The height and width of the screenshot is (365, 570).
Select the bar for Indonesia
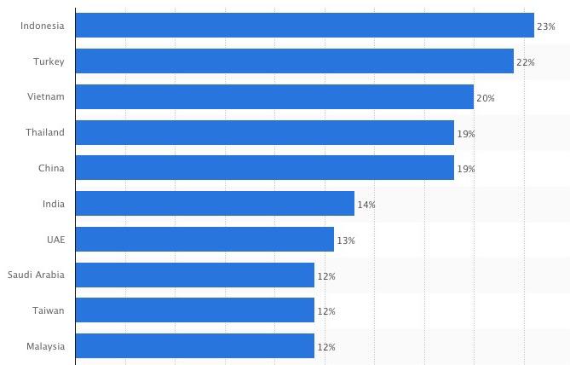coord(304,26)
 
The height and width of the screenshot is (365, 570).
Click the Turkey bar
coord(294,61)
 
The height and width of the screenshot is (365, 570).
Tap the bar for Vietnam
coord(274,97)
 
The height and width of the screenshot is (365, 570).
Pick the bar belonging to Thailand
coord(264,133)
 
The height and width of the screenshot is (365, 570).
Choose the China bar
coord(264,168)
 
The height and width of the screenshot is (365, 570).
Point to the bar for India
coord(215,204)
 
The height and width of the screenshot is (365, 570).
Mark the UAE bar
coord(204,240)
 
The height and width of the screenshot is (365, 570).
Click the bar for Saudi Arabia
coord(194,275)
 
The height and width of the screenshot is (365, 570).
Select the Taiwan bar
coord(194,311)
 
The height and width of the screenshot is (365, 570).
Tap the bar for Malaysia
coord(194,346)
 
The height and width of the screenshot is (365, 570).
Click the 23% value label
coord(546,27)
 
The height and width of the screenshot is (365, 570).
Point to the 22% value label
coord(526,63)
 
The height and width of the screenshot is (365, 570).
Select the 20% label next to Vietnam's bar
coord(486,99)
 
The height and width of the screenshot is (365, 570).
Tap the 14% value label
coord(366,206)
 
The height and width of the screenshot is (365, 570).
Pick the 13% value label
coord(346,241)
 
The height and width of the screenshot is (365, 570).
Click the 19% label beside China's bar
coord(466,170)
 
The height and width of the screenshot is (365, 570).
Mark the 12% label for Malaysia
coord(326,348)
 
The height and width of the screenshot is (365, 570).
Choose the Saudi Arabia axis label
coord(36,275)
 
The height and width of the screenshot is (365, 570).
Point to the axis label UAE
coord(55,240)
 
